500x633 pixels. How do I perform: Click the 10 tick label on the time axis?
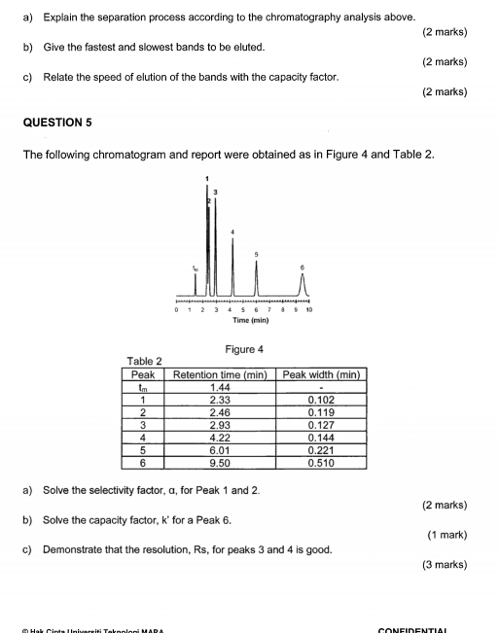pyautogui.click(x=309, y=310)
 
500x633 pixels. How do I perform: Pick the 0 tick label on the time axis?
pyautogui.click(x=176, y=310)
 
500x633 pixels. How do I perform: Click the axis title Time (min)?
pyautogui.click(x=244, y=320)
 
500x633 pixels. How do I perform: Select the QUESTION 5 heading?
pyautogui.click(x=63, y=124)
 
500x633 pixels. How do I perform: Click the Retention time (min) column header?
pyautogui.click(x=220, y=373)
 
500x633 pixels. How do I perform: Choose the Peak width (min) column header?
pyautogui.click(x=321, y=373)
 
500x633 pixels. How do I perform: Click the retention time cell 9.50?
pyautogui.click(x=220, y=464)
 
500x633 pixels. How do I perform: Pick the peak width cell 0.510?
pyautogui.click(x=321, y=464)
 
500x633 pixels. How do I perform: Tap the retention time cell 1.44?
pyautogui.click(x=220, y=386)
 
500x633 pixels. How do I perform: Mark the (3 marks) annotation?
pyautogui.click(x=446, y=565)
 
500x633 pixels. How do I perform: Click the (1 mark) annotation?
pyautogui.click(x=447, y=535)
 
